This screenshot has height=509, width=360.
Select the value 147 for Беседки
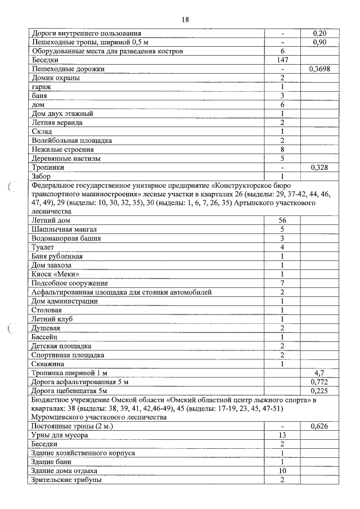click(282, 60)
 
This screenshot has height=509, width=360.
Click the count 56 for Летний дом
click(282, 220)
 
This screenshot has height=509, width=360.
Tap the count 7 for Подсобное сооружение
click(282, 283)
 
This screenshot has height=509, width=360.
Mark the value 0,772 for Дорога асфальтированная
click(319, 382)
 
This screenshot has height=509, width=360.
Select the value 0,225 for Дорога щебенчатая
click(319, 391)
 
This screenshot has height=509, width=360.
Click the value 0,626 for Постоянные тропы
click(319, 427)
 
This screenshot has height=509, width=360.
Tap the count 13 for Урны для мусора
click(282, 436)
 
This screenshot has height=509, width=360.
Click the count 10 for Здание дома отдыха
click(282, 471)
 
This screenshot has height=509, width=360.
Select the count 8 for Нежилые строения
click(282, 150)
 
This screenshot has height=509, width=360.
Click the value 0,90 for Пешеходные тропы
click(319, 42)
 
